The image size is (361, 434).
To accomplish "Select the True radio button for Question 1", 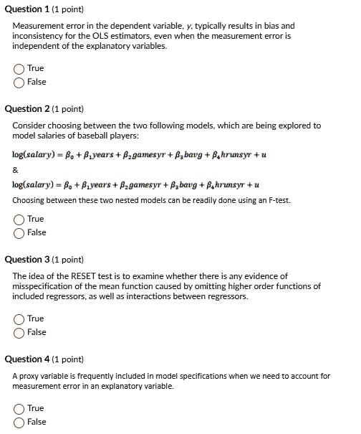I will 19,69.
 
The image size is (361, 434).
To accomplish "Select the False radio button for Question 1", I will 19,82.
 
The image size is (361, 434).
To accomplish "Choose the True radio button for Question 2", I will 19,220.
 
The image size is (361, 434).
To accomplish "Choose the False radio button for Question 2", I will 19,232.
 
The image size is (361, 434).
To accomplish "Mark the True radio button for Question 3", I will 19,319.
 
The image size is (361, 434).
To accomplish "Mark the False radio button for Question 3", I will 19,332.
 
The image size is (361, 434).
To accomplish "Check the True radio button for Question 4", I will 19,409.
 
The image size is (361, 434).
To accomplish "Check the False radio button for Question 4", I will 19,422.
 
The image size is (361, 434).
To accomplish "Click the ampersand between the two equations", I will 16,170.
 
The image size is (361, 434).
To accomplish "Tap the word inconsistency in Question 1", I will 39,36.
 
